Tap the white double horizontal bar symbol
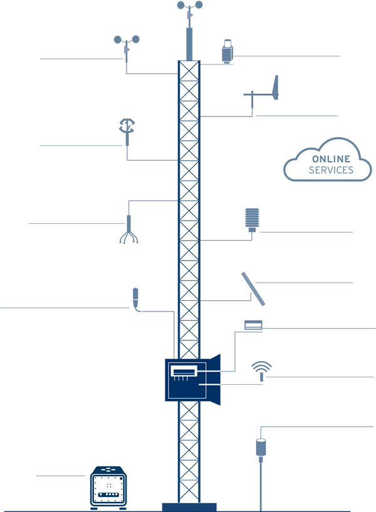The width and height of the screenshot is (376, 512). (x=253, y=326)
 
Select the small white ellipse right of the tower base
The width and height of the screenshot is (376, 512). (x=261, y=441)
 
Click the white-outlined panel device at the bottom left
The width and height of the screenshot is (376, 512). (x=108, y=489)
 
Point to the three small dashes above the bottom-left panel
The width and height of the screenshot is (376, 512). (x=108, y=469)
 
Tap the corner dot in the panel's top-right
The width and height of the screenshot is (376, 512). (x=121, y=479)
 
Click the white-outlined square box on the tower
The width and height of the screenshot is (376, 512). (x=187, y=381)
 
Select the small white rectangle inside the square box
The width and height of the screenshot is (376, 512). (x=184, y=370)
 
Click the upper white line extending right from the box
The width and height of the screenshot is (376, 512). (x=209, y=372)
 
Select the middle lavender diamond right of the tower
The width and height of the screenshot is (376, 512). (x=229, y=241)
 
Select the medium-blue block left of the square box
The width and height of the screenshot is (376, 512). (x=145, y=376)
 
